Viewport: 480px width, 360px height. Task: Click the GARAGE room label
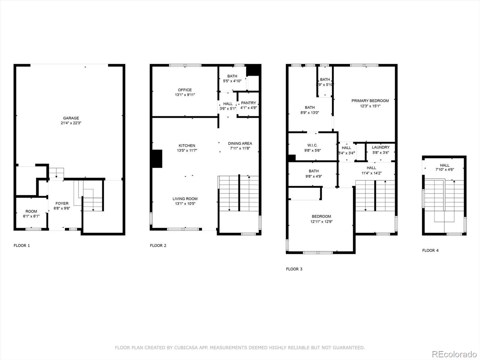[x=71, y=118]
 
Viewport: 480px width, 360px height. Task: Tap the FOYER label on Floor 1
[x=62, y=203]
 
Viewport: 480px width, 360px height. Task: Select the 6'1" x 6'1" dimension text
[x=31, y=216]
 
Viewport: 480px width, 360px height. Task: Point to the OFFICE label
[x=185, y=90]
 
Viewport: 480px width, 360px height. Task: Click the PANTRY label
[x=248, y=103]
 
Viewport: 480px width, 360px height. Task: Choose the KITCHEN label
[x=187, y=145]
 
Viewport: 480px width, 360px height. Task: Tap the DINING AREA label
[x=240, y=143]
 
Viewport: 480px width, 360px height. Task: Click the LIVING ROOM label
[x=185, y=199]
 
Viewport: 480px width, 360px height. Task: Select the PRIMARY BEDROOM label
[x=370, y=101]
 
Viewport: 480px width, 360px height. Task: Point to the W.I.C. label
[x=312, y=145]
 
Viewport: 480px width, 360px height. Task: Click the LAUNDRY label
[x=381, y=147]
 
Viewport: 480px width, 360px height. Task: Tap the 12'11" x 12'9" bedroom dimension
[x=322, y=221]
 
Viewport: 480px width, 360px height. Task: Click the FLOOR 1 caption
[x=22, y=245]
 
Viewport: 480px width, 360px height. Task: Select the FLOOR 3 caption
[x=294, y=269]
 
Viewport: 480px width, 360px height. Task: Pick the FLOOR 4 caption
[x=430, y=250]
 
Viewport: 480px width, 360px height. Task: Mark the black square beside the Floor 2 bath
[x=254, y=70]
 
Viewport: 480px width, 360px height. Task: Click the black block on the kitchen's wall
[x=157, y=159]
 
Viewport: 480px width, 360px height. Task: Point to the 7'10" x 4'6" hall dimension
[x=445, y=169]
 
